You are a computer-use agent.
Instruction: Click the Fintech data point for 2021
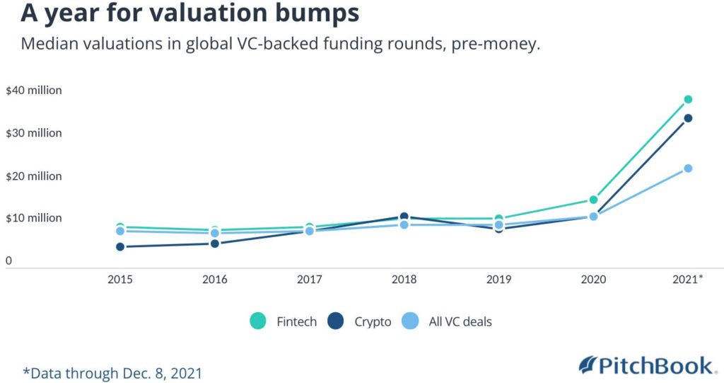coord(688,99)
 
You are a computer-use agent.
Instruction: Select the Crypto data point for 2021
coord(688,118)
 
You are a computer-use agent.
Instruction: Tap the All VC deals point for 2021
coord(688,168)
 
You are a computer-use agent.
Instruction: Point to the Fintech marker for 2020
coord(593,200)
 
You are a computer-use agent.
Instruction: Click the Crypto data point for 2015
coord(120,246)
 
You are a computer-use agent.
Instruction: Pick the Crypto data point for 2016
coord(215,244)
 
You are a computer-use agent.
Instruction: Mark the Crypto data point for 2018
coord(404,217)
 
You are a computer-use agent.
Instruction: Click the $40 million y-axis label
coord(33,91)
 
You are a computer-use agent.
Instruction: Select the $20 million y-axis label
coord(33,176)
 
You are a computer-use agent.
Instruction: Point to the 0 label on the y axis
coord(8,261)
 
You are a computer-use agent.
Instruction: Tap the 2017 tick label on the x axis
coord(309,280)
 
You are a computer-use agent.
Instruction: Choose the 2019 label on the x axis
coord(498,280)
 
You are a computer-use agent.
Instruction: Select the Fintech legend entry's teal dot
coord(259,321)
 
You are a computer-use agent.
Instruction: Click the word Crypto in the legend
coord(373,321)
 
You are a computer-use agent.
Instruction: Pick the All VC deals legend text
coord(460,321)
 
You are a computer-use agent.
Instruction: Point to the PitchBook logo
coord(644,365)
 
